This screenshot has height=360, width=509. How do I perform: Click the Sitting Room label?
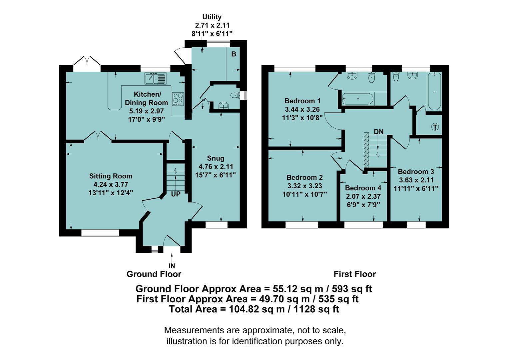click(x=111, y=176)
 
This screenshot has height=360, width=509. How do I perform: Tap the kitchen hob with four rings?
click(x=178, y=99)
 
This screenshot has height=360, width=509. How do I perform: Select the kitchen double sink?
click(x=155, y=79)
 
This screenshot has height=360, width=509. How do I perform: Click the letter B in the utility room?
click(x=234, y=54)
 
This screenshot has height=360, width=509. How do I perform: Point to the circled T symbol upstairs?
click(x=435, y=127)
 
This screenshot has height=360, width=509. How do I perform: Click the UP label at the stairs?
click(x=176, y=194)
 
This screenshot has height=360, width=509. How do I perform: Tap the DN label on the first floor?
click(x=378, y=132)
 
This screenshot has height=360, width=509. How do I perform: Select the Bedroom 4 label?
click(x=363, y=188)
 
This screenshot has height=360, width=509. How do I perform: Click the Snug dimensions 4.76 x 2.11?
click(x=216, y=167)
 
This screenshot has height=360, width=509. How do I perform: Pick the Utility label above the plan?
click(x=212, y=17)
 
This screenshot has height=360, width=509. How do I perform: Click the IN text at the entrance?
click(x=172, y=266)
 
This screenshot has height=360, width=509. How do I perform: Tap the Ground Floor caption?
click(x=154, y=274)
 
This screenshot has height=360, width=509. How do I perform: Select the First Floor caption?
click(x=355, y=274)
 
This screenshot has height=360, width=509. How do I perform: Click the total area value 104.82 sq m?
click(x=256, y=309)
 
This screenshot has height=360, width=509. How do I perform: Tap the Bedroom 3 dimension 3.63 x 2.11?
click(x=416, y=180)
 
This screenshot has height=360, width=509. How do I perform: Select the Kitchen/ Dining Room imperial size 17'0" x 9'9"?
click(x=147, y=119)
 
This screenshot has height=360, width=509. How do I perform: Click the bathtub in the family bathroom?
click(x=434, y=91)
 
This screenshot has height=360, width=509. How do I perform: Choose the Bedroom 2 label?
click(x=304, y=177)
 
